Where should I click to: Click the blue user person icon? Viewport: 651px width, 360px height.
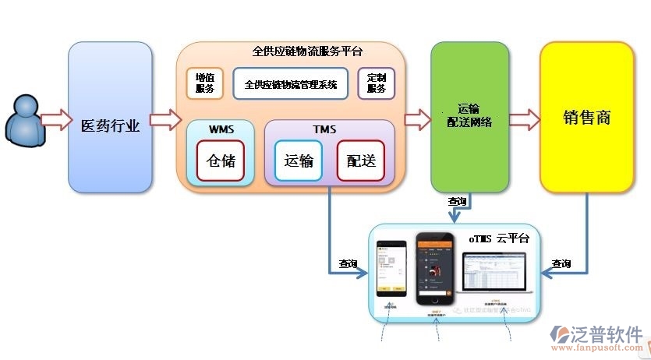(23, 120)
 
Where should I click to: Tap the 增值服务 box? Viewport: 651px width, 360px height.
(204, 83)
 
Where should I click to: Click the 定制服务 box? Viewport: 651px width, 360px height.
(376, 83)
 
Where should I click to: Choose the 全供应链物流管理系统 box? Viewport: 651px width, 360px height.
(290, 84)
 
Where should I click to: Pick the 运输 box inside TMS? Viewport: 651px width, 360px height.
(299, 161)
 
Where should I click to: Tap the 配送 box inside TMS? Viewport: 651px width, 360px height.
(361, 161)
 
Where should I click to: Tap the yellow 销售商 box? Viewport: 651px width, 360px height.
(586, 118)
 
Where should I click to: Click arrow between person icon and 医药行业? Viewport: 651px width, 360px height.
(55, 120)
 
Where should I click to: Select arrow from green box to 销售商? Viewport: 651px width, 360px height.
(524, 120)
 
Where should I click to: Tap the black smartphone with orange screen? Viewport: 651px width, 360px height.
(434, 269)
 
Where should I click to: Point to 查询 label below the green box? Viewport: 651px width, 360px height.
(458, 201)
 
